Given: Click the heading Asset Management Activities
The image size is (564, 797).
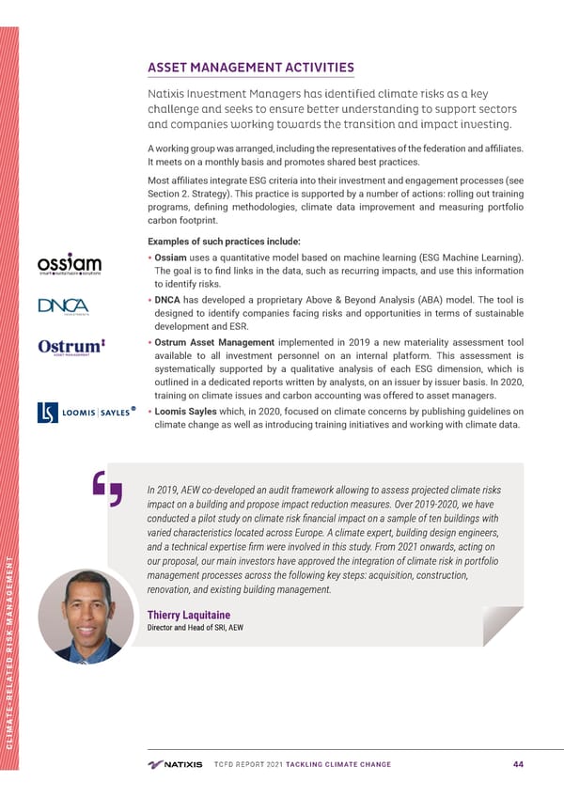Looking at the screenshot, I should (x=250, y=68).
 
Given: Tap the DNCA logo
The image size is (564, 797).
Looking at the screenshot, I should (x=63, y=307).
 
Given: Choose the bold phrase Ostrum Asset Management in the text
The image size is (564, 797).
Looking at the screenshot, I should (x=214, y=343).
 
